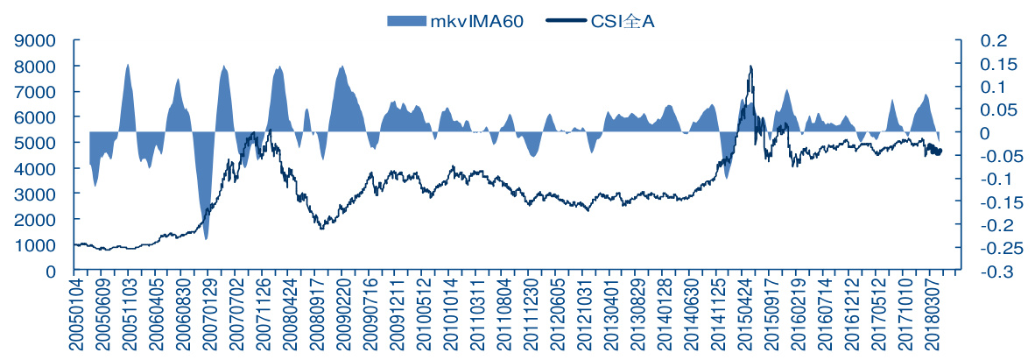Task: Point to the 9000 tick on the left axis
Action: [38, 40]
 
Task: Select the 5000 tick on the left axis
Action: [38, 143]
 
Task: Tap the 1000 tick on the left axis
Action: [38, 246]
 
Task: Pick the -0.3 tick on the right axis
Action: [996, 272]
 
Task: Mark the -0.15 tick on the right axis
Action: [996, 202]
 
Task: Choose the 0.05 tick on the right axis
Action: [996, 109]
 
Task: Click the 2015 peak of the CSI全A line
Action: [750, 67]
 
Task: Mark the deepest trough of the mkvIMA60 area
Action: [207, 238]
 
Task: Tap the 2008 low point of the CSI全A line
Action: [321, 229]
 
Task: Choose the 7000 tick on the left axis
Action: [38, 92]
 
